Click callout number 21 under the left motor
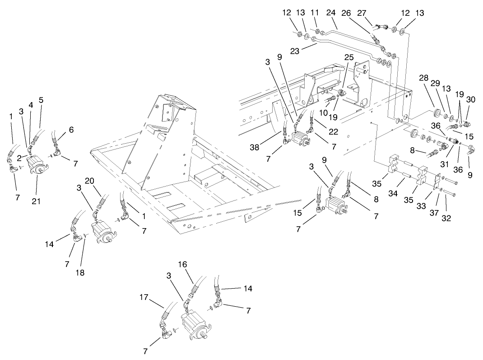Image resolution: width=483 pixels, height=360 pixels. pos(36,201)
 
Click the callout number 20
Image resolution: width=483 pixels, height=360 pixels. pos(89,180)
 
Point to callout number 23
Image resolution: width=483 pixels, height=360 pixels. pos(295,51)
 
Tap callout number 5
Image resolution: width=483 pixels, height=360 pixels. pos(41,100)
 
